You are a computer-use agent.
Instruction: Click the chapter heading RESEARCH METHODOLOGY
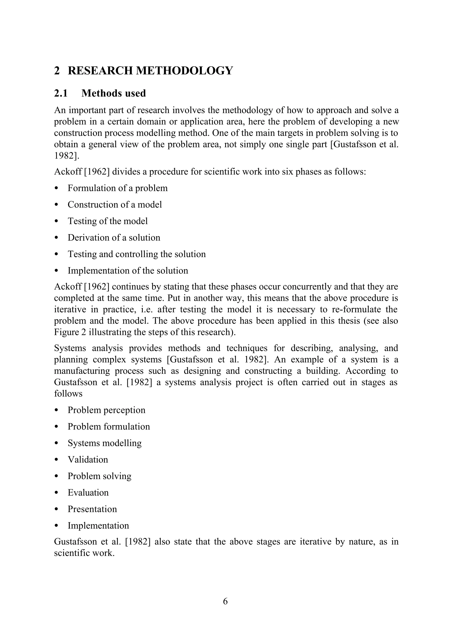coord(150,70)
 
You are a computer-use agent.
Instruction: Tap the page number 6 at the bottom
coord(225,601)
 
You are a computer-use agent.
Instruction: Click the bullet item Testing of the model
coord(107,221)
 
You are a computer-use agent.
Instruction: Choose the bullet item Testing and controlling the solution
coord(136,254)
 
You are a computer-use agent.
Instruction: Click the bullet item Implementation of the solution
coord(128,271)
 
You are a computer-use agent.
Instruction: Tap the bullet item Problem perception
coord(106,410)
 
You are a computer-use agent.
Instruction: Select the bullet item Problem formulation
coord(109,427)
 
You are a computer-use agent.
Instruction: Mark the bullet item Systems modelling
coord(104,443)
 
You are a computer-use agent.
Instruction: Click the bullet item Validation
coord(88,459)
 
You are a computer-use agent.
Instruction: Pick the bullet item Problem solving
coord(99,476)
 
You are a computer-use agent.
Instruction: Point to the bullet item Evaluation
coord(88,493)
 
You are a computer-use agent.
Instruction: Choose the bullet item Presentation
coord(92,509)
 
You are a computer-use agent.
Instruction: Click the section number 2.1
coord(61,93)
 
